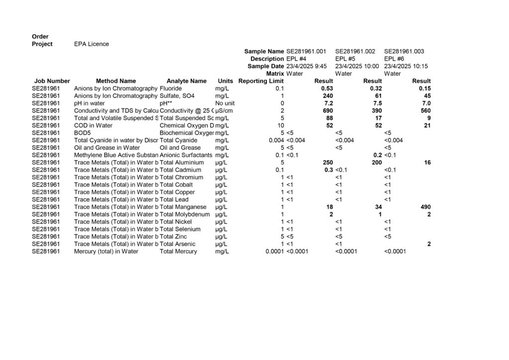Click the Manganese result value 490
(425, 207)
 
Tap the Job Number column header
(52, 81)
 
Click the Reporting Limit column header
(261, 81)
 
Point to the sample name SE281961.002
(355, 51)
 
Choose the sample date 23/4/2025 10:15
(406, 66)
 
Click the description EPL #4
(297, 59)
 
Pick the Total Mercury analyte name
(178, 252)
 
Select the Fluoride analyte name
(171, 89)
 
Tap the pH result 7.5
(377, 103)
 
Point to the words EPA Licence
(91, 44)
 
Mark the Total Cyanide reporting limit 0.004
(276, 140)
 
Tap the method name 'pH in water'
(89, 103)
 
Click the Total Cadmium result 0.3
(329, 170)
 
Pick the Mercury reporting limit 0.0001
(274, 252)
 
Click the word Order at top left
(40, 37)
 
